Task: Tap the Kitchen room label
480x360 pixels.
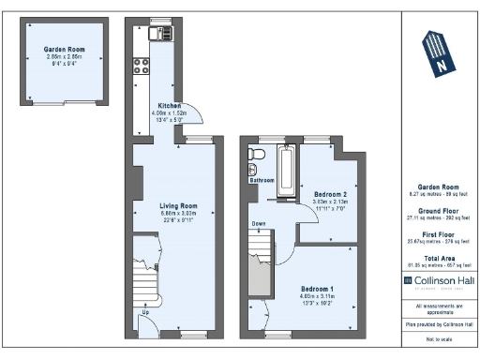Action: tap(170, 106)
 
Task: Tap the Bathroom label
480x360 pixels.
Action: tap(262, 180)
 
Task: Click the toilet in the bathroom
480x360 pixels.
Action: tap(250, 168)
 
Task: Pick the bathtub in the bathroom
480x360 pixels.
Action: tap(288, 172)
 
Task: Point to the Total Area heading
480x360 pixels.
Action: tap(439, 257)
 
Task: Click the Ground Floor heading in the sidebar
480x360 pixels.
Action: tap(439, 210)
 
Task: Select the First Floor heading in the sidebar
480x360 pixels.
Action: tap(439, 233)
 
